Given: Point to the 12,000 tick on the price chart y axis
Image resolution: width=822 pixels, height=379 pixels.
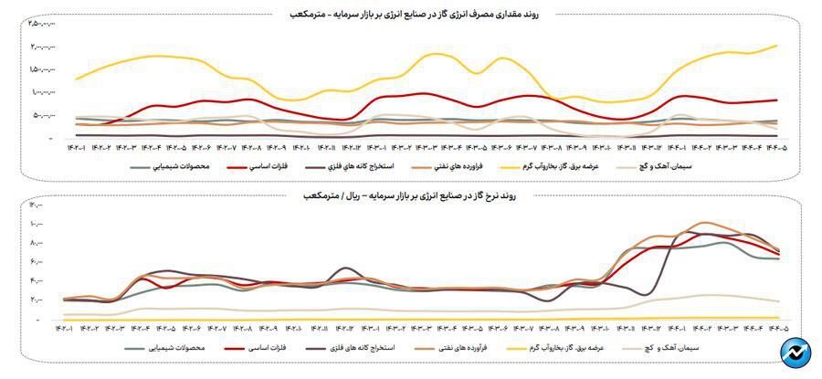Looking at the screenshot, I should (37, 205).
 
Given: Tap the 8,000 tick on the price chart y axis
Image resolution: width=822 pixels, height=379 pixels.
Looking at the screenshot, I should (37, 243).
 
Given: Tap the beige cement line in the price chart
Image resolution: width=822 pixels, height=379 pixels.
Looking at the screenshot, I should (694, 296).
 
